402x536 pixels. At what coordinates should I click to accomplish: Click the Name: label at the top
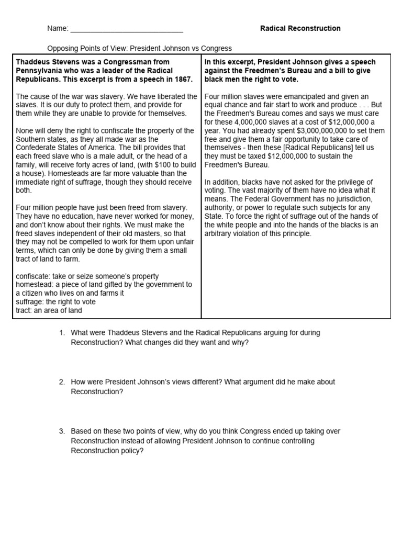click(58, 28)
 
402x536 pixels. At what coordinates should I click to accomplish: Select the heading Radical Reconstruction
click(300, 28)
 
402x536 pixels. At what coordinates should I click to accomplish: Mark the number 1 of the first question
click(61, 333)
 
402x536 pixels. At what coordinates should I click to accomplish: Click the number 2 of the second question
click(61, 382)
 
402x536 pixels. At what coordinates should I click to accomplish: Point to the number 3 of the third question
click(61, 431)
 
